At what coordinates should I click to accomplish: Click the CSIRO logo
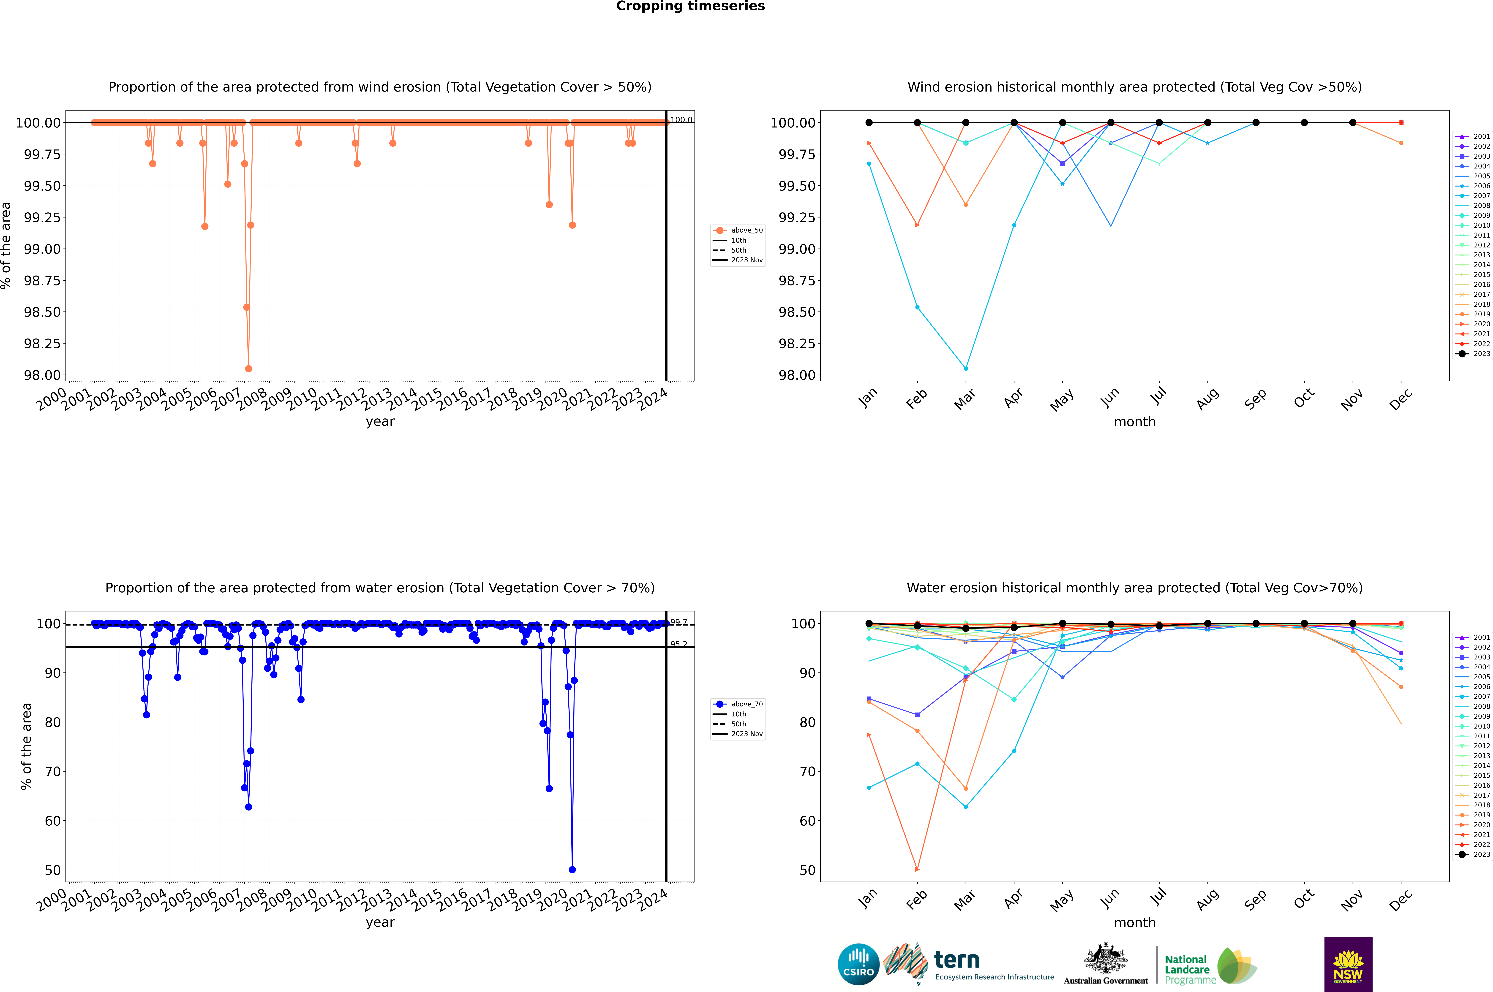(858, 964)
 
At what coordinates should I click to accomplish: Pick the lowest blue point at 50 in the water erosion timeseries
(572, 869)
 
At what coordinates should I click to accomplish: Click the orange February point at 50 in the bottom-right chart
(917, 869)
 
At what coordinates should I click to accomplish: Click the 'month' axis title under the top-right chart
(1135, 422)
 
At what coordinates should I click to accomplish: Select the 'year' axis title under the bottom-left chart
(380, 922)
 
